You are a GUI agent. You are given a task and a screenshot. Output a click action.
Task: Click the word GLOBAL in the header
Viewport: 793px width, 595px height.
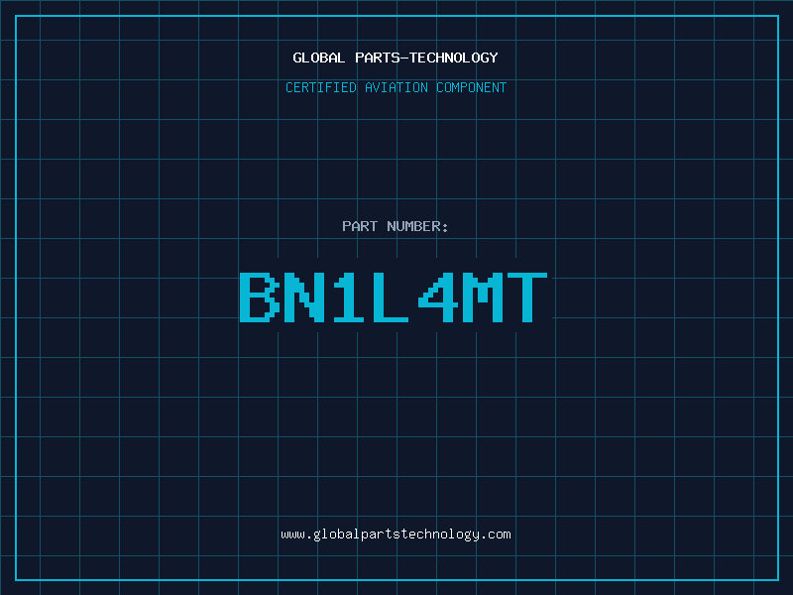[319, 58]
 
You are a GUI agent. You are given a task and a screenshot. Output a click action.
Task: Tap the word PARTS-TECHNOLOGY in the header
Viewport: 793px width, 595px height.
[426, 59]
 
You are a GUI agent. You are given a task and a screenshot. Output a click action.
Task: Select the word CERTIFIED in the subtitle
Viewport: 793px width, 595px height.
[320, 87]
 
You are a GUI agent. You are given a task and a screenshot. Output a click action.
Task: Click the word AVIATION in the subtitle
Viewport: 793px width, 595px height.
[396, 87]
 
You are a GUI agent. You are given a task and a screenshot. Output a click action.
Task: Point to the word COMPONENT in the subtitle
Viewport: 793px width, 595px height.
[472, 87]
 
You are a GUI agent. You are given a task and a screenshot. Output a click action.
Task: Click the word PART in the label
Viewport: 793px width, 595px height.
[360, 226]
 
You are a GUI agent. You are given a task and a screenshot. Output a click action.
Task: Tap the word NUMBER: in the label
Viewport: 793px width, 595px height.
[417, 226]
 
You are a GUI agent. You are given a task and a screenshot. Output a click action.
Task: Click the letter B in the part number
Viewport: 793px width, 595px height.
[260, 297]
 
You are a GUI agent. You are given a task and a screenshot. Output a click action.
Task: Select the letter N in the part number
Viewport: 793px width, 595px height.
[304, 297]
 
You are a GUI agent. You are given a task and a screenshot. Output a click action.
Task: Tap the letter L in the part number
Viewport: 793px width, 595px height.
[391, 297]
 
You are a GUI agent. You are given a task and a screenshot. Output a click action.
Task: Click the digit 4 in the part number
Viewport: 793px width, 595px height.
[438, 297]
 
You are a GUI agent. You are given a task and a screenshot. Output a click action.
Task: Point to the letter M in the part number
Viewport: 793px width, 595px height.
[483, 297]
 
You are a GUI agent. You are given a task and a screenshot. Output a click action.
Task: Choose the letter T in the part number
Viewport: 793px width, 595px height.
[527, 297]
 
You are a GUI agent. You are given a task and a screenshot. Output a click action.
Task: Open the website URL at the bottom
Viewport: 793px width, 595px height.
[396, 535]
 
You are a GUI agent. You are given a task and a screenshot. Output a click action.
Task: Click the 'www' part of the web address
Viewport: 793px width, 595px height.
[293, 535]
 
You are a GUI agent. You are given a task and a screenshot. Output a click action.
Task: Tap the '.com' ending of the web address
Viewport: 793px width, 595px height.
[497, 535]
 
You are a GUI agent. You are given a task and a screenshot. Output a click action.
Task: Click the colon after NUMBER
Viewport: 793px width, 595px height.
[445, 227]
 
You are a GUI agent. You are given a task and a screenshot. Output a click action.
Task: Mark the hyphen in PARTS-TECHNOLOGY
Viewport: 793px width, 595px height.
[403, 59]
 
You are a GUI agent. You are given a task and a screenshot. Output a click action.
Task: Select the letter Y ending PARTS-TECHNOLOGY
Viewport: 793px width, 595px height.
[493, 59]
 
